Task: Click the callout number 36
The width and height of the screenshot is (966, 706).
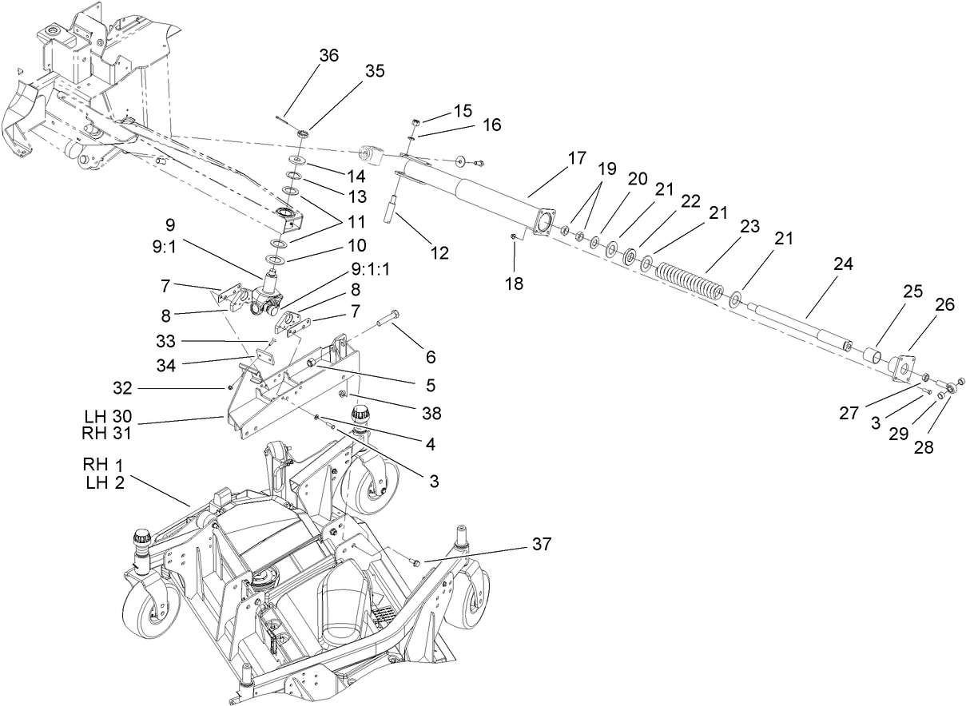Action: (x=328, y=55)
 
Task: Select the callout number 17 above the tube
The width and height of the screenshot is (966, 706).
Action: (x=577, y=158)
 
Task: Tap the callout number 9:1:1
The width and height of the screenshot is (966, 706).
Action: (x=372, y=269)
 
